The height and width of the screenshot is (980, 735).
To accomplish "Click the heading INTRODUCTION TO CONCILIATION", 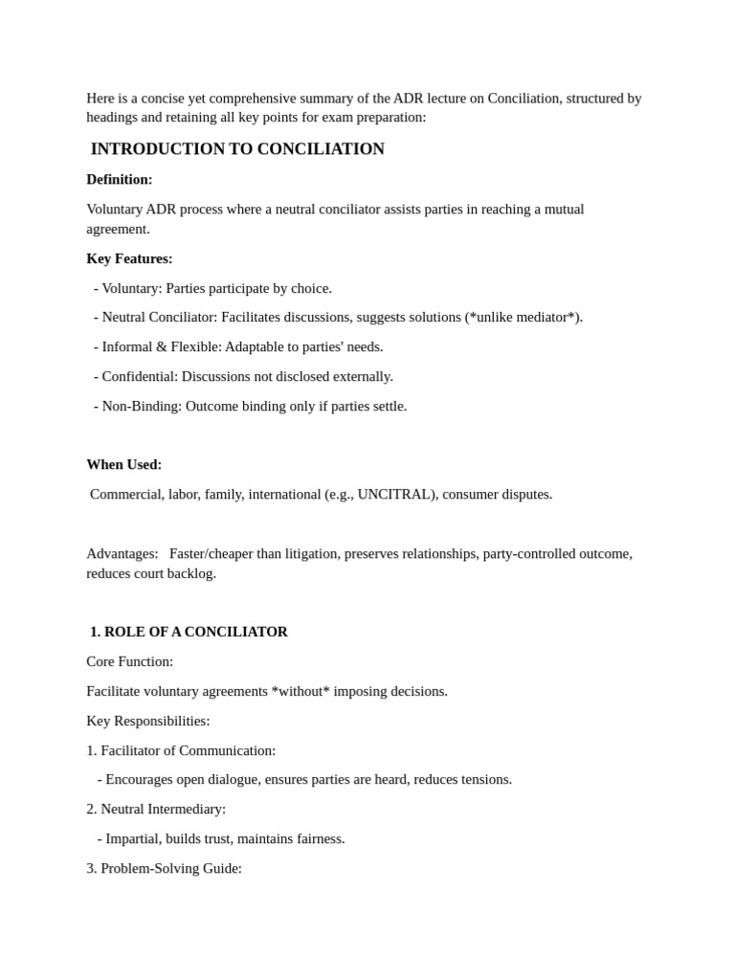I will (x=237, y=149).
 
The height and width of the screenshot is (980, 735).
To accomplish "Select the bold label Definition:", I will (x=120, y=180).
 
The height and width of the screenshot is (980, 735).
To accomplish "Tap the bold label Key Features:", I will (x=129, y=258).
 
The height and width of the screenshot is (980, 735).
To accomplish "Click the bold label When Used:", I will (x=123, y=465).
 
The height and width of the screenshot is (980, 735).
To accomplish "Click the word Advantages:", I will (x=122, y=554).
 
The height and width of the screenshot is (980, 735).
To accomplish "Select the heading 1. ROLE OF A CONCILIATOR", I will (x=189, y=633).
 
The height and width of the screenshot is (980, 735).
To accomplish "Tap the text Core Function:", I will (x=129, y=662).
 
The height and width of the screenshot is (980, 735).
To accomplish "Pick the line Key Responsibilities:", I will (x=147, y=722).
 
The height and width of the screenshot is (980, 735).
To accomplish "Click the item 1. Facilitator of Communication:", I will (x=181, y=751).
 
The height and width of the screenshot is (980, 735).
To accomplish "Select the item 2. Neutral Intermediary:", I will (x=156, y=810).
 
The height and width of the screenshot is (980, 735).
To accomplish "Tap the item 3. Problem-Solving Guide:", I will (x=164, y=869).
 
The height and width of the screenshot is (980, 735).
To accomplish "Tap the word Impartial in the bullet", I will (x=132, y=839).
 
